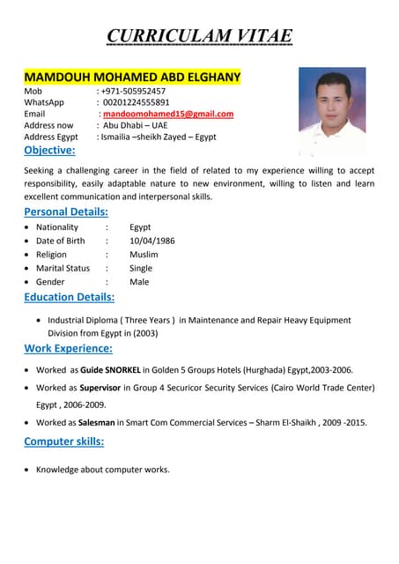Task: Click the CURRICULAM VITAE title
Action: [199, 36]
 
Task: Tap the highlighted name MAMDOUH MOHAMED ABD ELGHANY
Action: [132, 78]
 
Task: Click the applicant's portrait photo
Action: [332, 111]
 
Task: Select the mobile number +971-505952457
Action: [134, 91]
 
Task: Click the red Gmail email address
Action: [168, 114]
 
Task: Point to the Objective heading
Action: [49, 150]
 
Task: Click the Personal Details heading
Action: [66, 211]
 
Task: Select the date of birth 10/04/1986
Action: [152, 241]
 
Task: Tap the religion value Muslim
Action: [144, 255]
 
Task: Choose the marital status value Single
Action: [141, 268]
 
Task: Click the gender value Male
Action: [139, 282]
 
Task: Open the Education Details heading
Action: [69, 297]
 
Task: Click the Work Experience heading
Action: [68, 348]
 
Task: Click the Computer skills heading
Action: [63, 441]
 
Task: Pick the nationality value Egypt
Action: [140, 227]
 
